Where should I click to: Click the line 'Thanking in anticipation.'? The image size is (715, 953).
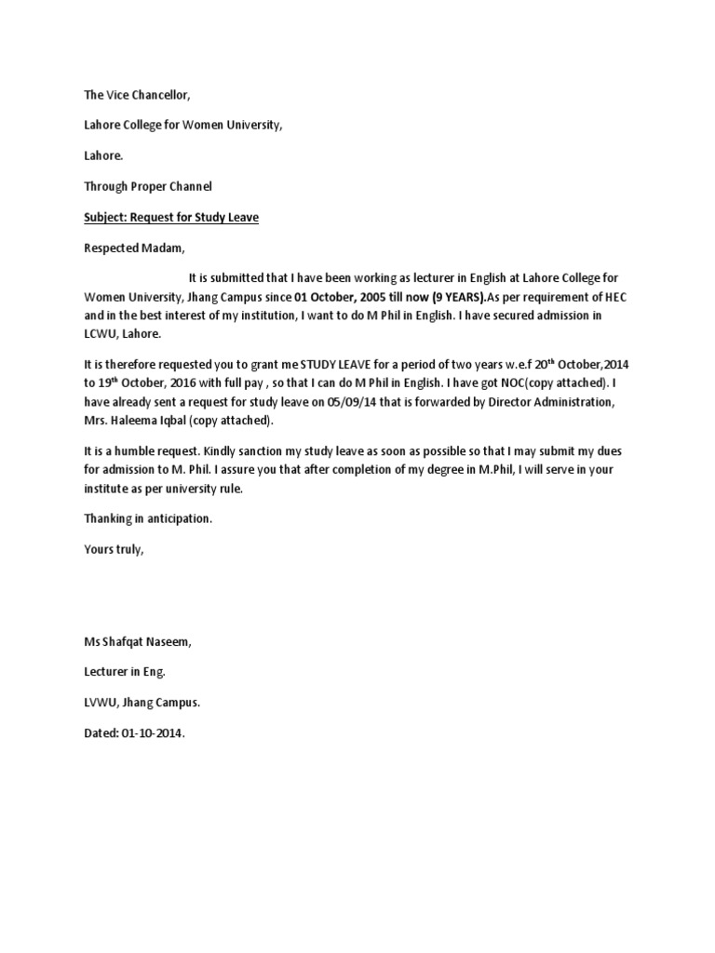tap(148, 518)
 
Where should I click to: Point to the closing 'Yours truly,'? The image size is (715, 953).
tap(115, 549)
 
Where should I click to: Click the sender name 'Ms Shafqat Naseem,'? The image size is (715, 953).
tap(139, 641)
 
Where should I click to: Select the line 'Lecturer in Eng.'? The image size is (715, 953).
tap(126, 672)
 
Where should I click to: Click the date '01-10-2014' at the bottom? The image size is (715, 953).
tap(153, 733)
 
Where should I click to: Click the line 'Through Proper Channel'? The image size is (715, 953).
tap(148, 186)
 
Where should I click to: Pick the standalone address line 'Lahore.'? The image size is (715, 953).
tap(103, 156)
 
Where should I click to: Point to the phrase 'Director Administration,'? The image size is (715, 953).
tap(566, 401)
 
